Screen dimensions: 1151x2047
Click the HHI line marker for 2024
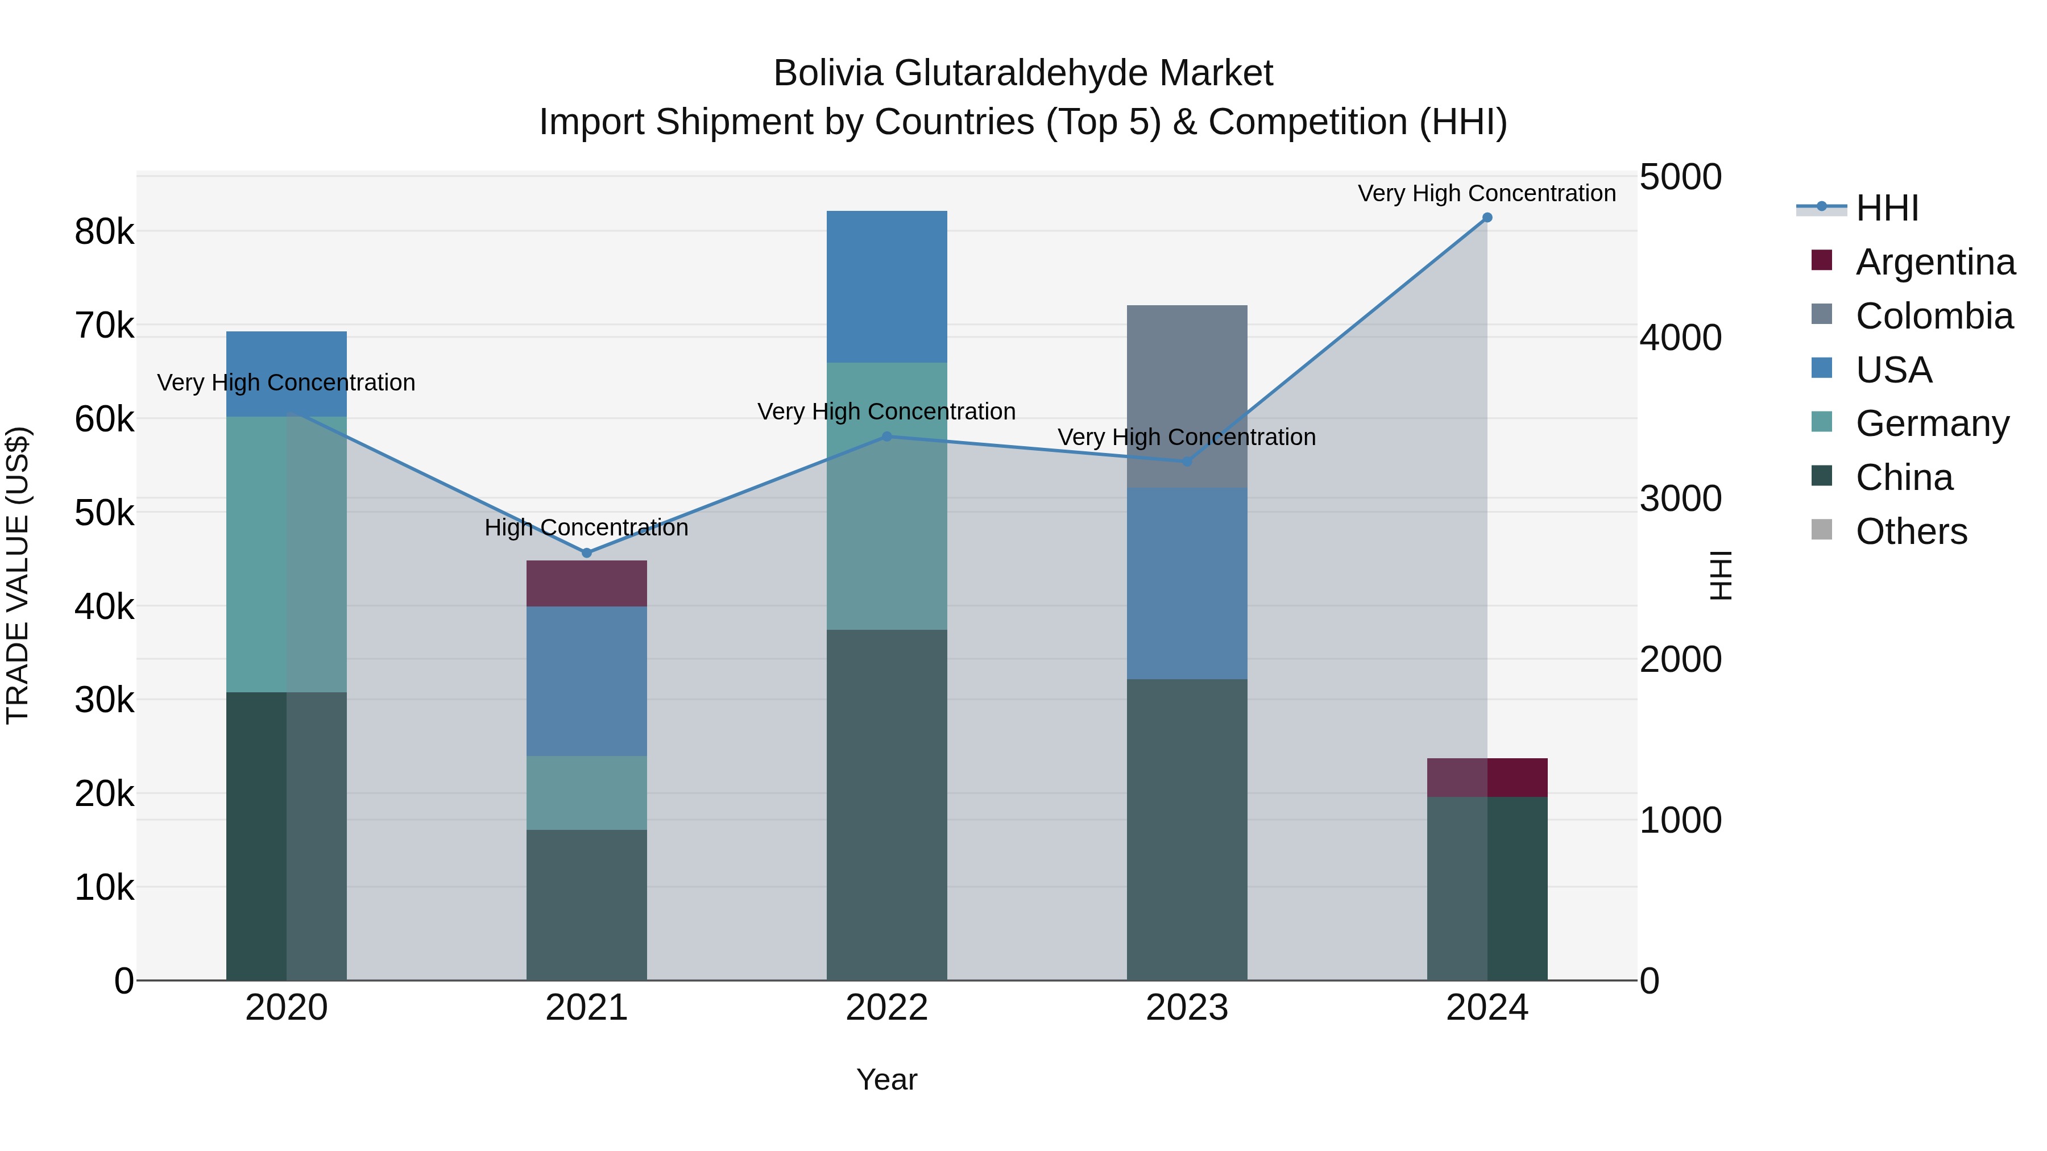click(x=1487, y=218)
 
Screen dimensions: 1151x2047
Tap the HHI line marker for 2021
click(x=586, y=553)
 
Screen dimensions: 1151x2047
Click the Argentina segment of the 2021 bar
click(x=586, y=584)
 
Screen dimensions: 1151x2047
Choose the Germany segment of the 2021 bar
click(x=586, y=793)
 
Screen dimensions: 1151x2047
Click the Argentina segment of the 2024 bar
click(x=1487, y=778)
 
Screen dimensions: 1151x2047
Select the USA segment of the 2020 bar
click(x=286, y=358)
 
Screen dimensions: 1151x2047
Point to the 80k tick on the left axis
click(x=104, y=232)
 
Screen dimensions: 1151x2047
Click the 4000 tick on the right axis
click(x=1680, y=338)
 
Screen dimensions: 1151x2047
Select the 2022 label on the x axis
click(x=887, y=1008)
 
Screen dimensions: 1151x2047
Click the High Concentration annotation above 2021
click(x=586, y=527)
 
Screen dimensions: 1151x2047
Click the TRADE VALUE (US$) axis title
click(x=18, y=575)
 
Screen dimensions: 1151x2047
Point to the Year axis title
click(x=887, y=1079)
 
